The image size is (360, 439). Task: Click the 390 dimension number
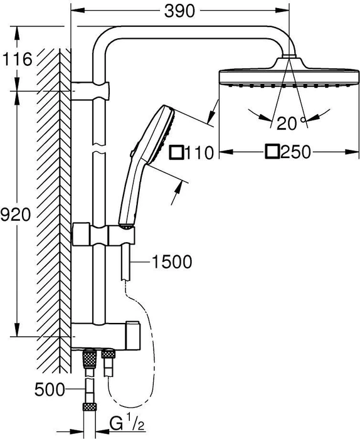179,11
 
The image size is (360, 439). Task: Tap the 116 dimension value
18,59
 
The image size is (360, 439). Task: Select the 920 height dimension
16,214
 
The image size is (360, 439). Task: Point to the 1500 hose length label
172,262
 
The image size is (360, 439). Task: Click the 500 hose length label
50,389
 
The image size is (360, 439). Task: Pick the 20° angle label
291,123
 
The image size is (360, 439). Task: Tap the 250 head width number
295,152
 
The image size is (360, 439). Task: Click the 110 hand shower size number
199,153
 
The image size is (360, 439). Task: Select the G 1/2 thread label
127,424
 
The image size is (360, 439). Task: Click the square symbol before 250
272,152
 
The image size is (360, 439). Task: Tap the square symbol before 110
177,153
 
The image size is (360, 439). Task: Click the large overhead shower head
289,73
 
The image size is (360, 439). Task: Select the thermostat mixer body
106,336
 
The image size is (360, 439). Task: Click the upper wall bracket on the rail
90,91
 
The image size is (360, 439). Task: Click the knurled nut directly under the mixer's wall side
90,358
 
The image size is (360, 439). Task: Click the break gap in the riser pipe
99,149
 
